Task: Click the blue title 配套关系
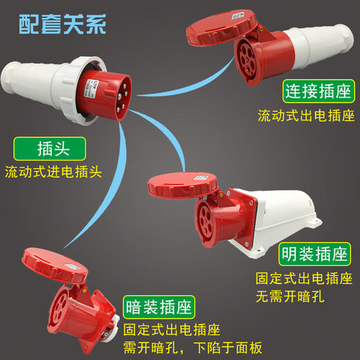pos(62,24)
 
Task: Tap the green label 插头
pos(50,149)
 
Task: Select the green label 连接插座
pos(318,91)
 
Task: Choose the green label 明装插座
pos(314,254)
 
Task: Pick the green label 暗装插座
pos(159,307)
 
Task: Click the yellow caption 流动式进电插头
pos(53,172)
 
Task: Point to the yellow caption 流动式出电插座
pos(306,116)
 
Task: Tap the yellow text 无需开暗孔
pos(290,296)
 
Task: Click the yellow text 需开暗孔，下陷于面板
pos(192,348)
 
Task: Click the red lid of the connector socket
pos(221,27)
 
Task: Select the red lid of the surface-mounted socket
pos(182,185)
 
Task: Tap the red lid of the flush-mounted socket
pos(55,264)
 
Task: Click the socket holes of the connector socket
pos(246,60)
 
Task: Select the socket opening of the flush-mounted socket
pos(60,309)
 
